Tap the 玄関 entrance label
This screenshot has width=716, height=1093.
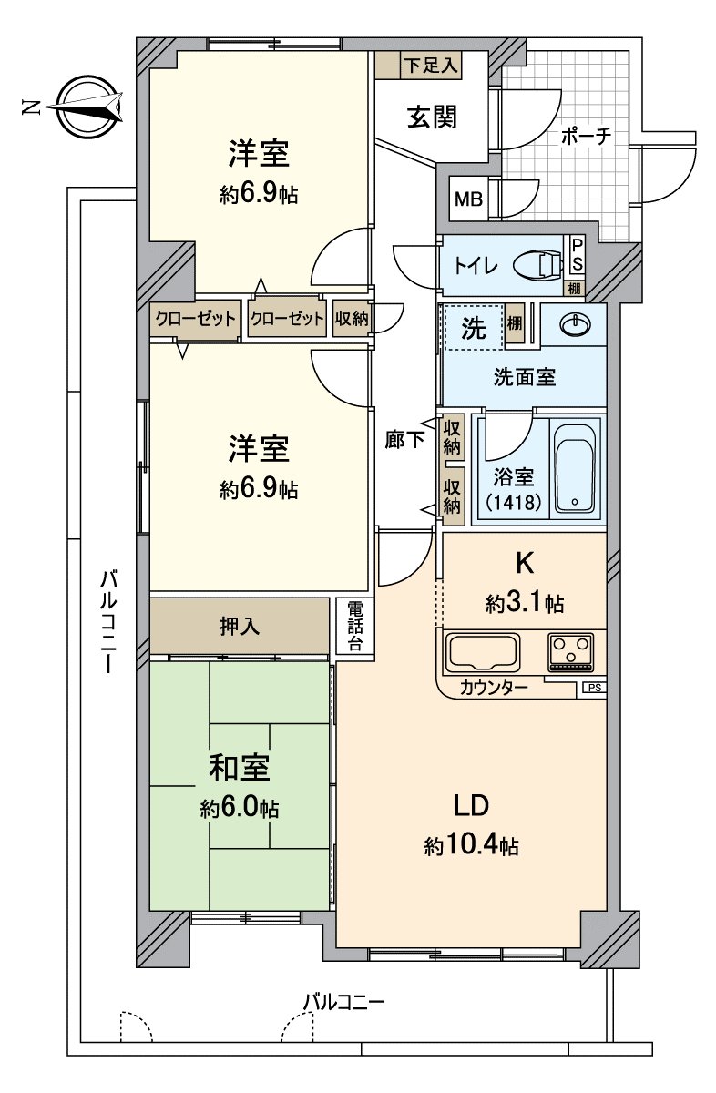click(x=431, y=117)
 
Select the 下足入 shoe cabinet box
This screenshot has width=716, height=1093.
click(x=419, y=65)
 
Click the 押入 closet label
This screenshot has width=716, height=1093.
click(x=240, y=626)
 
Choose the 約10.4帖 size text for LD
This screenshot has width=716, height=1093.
click(x=471, y=846)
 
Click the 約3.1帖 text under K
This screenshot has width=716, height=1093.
click(x=524, y=602)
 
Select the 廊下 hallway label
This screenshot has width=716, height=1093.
click(x=404, y=440)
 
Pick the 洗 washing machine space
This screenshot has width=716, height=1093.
click(x=473, y=328)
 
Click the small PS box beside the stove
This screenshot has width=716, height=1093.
click(x=594, y=688)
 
